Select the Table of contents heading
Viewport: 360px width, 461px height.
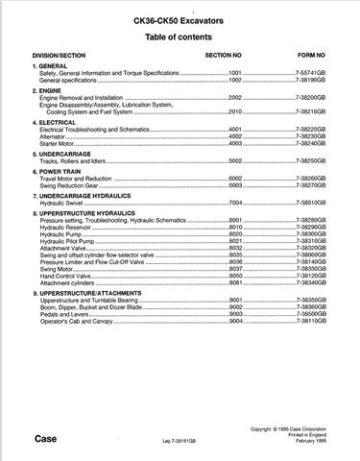pyautogui.click(x=180, y=36)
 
